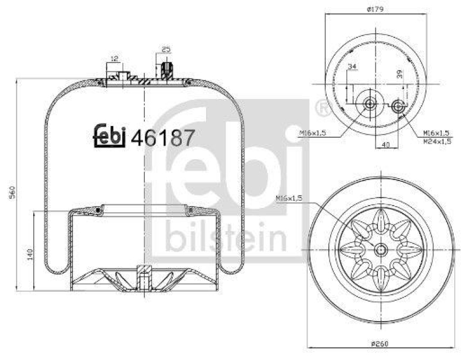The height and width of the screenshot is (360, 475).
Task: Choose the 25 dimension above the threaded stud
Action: click(166, 49)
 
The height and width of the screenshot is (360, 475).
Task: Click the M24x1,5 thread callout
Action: click(438, 141)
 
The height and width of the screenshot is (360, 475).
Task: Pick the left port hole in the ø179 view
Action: click(371, 105)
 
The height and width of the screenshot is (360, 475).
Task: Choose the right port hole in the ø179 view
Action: click(398, 106)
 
